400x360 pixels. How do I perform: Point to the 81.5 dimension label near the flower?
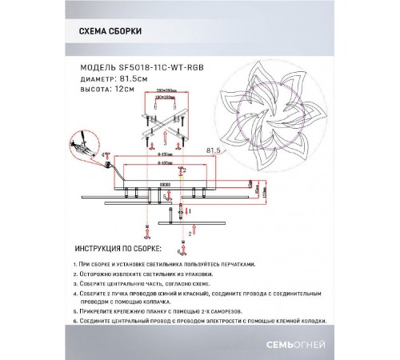click(x=214, y=149)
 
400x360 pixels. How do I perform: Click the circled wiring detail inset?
click(x=83, y=150)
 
